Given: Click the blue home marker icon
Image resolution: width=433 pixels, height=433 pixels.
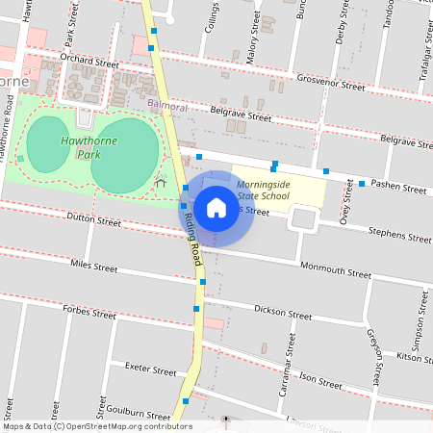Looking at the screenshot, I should click(216, 207).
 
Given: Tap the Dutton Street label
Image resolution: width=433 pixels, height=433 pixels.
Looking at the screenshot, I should click(94, 220).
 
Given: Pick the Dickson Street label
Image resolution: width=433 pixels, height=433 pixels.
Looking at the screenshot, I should click(283, 313).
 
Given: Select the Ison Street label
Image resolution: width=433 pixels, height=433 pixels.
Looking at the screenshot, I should click(322, 380).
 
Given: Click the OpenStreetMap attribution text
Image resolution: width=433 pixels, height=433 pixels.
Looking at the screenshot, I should click(96, 426).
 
